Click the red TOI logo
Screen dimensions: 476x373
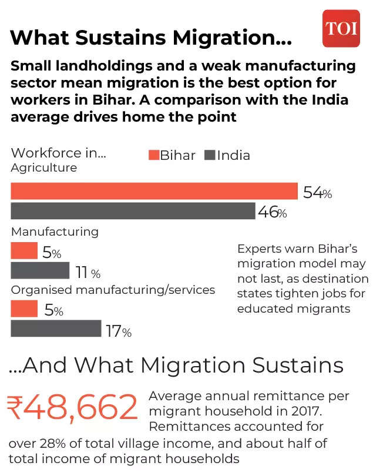(341, 28)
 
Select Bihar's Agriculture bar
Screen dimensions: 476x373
(154, 192)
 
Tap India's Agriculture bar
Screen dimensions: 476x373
(133, 211)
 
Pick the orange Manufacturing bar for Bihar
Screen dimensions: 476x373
(24, 251)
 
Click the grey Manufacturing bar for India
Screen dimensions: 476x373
(40, 271)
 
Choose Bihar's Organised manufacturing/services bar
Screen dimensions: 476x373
(24, 309)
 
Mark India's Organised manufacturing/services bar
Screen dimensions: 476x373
(56, 328)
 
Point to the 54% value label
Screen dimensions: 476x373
(317, 192)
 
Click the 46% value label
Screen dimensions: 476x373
(273, 212)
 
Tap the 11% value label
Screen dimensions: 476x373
(88, 273)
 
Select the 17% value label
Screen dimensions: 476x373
(119, 331)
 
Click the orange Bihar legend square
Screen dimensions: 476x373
(153, 155)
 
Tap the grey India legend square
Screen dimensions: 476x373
(210, 155)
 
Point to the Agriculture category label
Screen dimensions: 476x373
(44, 167)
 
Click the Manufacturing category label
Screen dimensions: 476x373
(55, 232)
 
